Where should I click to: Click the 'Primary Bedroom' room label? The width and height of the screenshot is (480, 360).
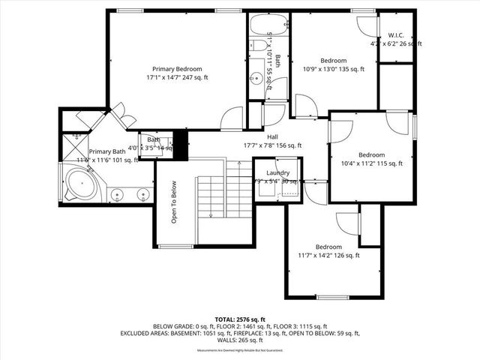coord(178,67)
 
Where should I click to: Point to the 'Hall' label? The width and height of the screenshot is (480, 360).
coord(273,136)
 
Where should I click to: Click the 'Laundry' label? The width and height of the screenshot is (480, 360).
coord(278,172)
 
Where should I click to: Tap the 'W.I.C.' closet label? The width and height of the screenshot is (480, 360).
coord(396,34)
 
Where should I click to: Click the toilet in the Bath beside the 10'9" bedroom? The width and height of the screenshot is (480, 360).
coord(257,46)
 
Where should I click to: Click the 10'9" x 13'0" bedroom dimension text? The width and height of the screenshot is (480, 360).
coord(333,70)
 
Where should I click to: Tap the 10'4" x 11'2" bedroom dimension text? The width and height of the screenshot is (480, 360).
coord(372,163)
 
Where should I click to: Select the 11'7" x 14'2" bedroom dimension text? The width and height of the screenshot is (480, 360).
coord(328,256)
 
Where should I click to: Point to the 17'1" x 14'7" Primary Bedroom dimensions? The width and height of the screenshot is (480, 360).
coord(178,76)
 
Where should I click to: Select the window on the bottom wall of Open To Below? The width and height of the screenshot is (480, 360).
coord(175,246)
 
